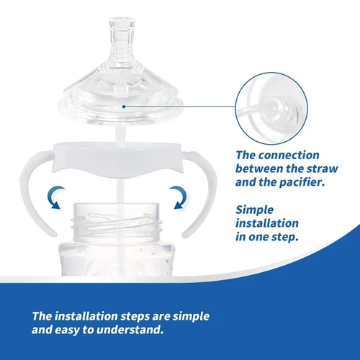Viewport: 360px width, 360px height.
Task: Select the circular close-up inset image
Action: pos(271,108)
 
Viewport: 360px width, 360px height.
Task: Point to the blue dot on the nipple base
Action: pos(124,107)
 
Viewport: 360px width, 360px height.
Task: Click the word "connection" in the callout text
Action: pos(289,155)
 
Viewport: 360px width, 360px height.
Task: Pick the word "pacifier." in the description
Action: pos(302,183)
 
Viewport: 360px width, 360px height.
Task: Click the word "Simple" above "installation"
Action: pos(254,210)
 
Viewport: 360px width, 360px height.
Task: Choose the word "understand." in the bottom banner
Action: pos(130,330)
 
